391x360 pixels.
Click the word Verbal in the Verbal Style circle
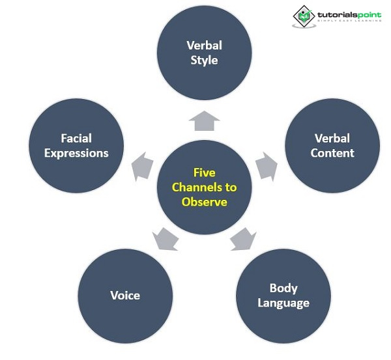tap(204, 46)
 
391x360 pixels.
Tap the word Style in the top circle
tap(204, 61)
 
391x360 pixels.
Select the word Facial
tap(76, 138)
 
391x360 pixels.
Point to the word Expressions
tap(76, 153)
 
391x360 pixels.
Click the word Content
tap(332, 153)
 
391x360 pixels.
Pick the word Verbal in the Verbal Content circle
tap(332, 138)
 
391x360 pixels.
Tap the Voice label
tap(125, 295)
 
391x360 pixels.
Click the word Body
tap(283, 288)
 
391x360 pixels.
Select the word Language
tap(283, 303)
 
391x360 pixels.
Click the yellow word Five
tap(204, 173)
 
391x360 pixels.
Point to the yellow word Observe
tap(204, 202)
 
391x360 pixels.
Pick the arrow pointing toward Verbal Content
tap(266, 167)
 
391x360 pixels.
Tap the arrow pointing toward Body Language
tap(243, 240)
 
